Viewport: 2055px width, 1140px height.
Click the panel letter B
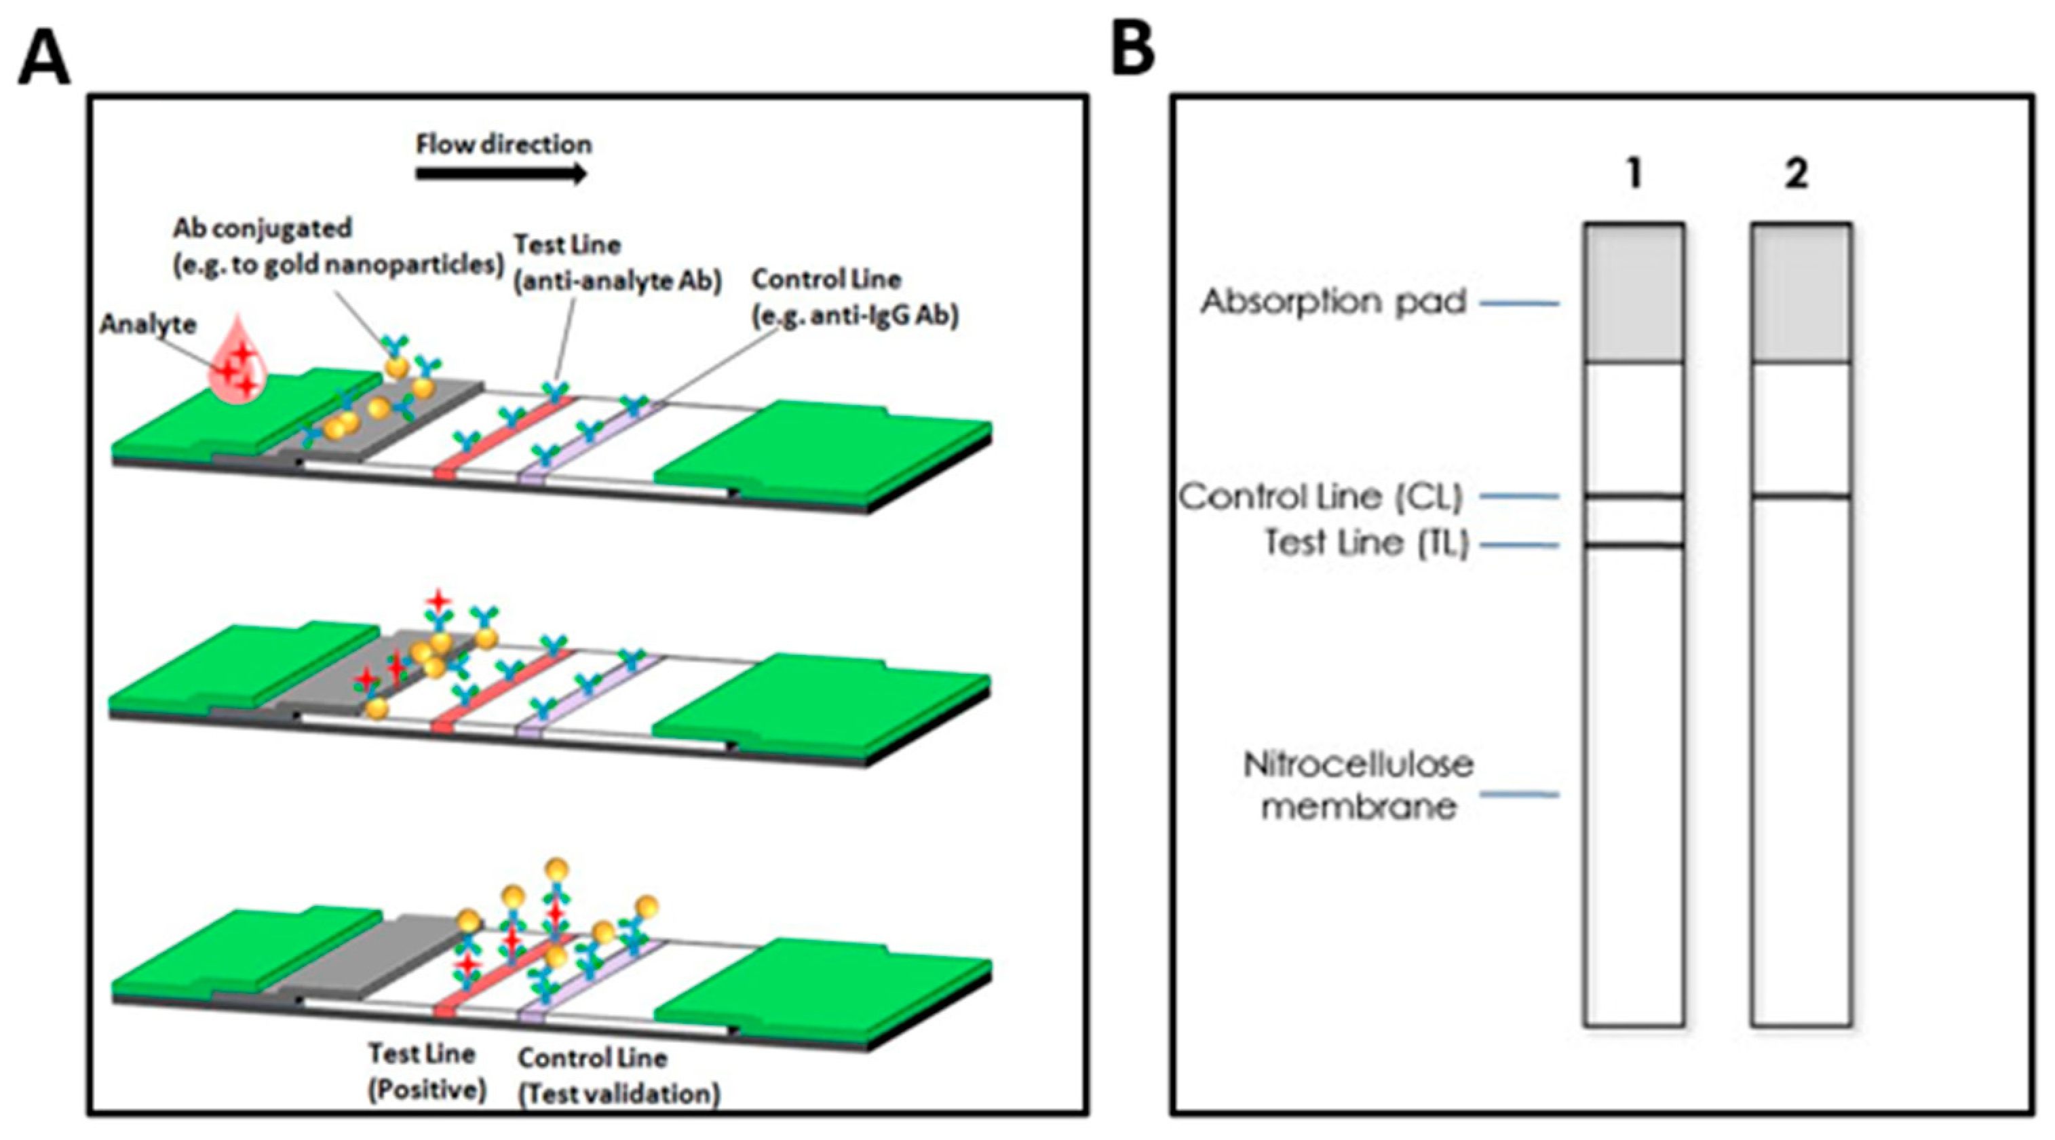1133,50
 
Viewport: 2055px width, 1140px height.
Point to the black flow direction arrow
501,174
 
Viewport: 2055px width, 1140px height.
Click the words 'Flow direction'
503,145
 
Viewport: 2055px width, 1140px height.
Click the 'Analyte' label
148,324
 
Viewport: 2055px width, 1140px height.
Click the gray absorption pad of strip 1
1634,292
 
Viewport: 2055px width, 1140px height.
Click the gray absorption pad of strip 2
1801,292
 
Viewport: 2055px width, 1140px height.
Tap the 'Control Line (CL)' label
1321,497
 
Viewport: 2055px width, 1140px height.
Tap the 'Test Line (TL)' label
1366,544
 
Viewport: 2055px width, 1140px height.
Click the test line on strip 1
1634,546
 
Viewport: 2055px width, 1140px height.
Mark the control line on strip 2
1801,497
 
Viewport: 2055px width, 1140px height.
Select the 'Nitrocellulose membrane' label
1358,785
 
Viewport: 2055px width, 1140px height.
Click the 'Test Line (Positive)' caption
427,1071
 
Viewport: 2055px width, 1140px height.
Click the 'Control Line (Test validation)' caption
619,1076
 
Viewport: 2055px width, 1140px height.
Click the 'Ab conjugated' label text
263,228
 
